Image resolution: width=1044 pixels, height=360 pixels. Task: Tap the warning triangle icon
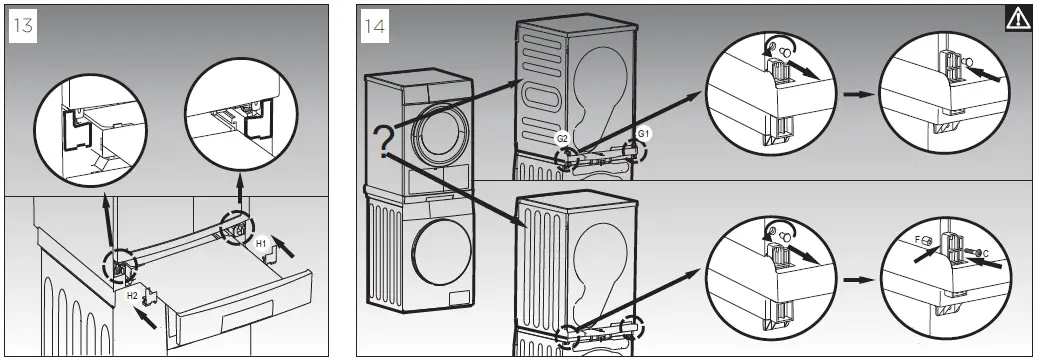pos(1017,18)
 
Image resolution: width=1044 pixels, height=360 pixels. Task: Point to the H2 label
pos(132,296)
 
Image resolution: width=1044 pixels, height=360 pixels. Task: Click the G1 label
pos(644,133)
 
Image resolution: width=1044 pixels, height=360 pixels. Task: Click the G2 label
pos(563,137)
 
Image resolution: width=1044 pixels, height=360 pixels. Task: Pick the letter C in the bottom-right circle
pos(988,253)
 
